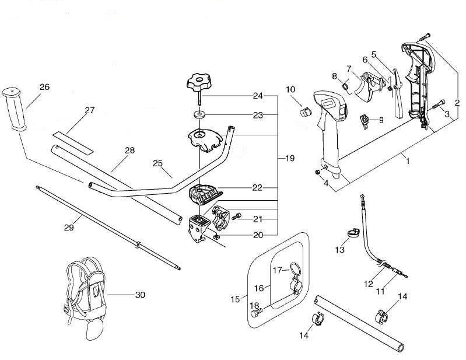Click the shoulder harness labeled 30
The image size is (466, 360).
click(85, 288)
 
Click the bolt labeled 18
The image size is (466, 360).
click(256, 314)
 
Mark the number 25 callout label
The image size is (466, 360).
click(157, 163)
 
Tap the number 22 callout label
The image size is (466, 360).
click(257, 187)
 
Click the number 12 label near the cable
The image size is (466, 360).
click(368, 284)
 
